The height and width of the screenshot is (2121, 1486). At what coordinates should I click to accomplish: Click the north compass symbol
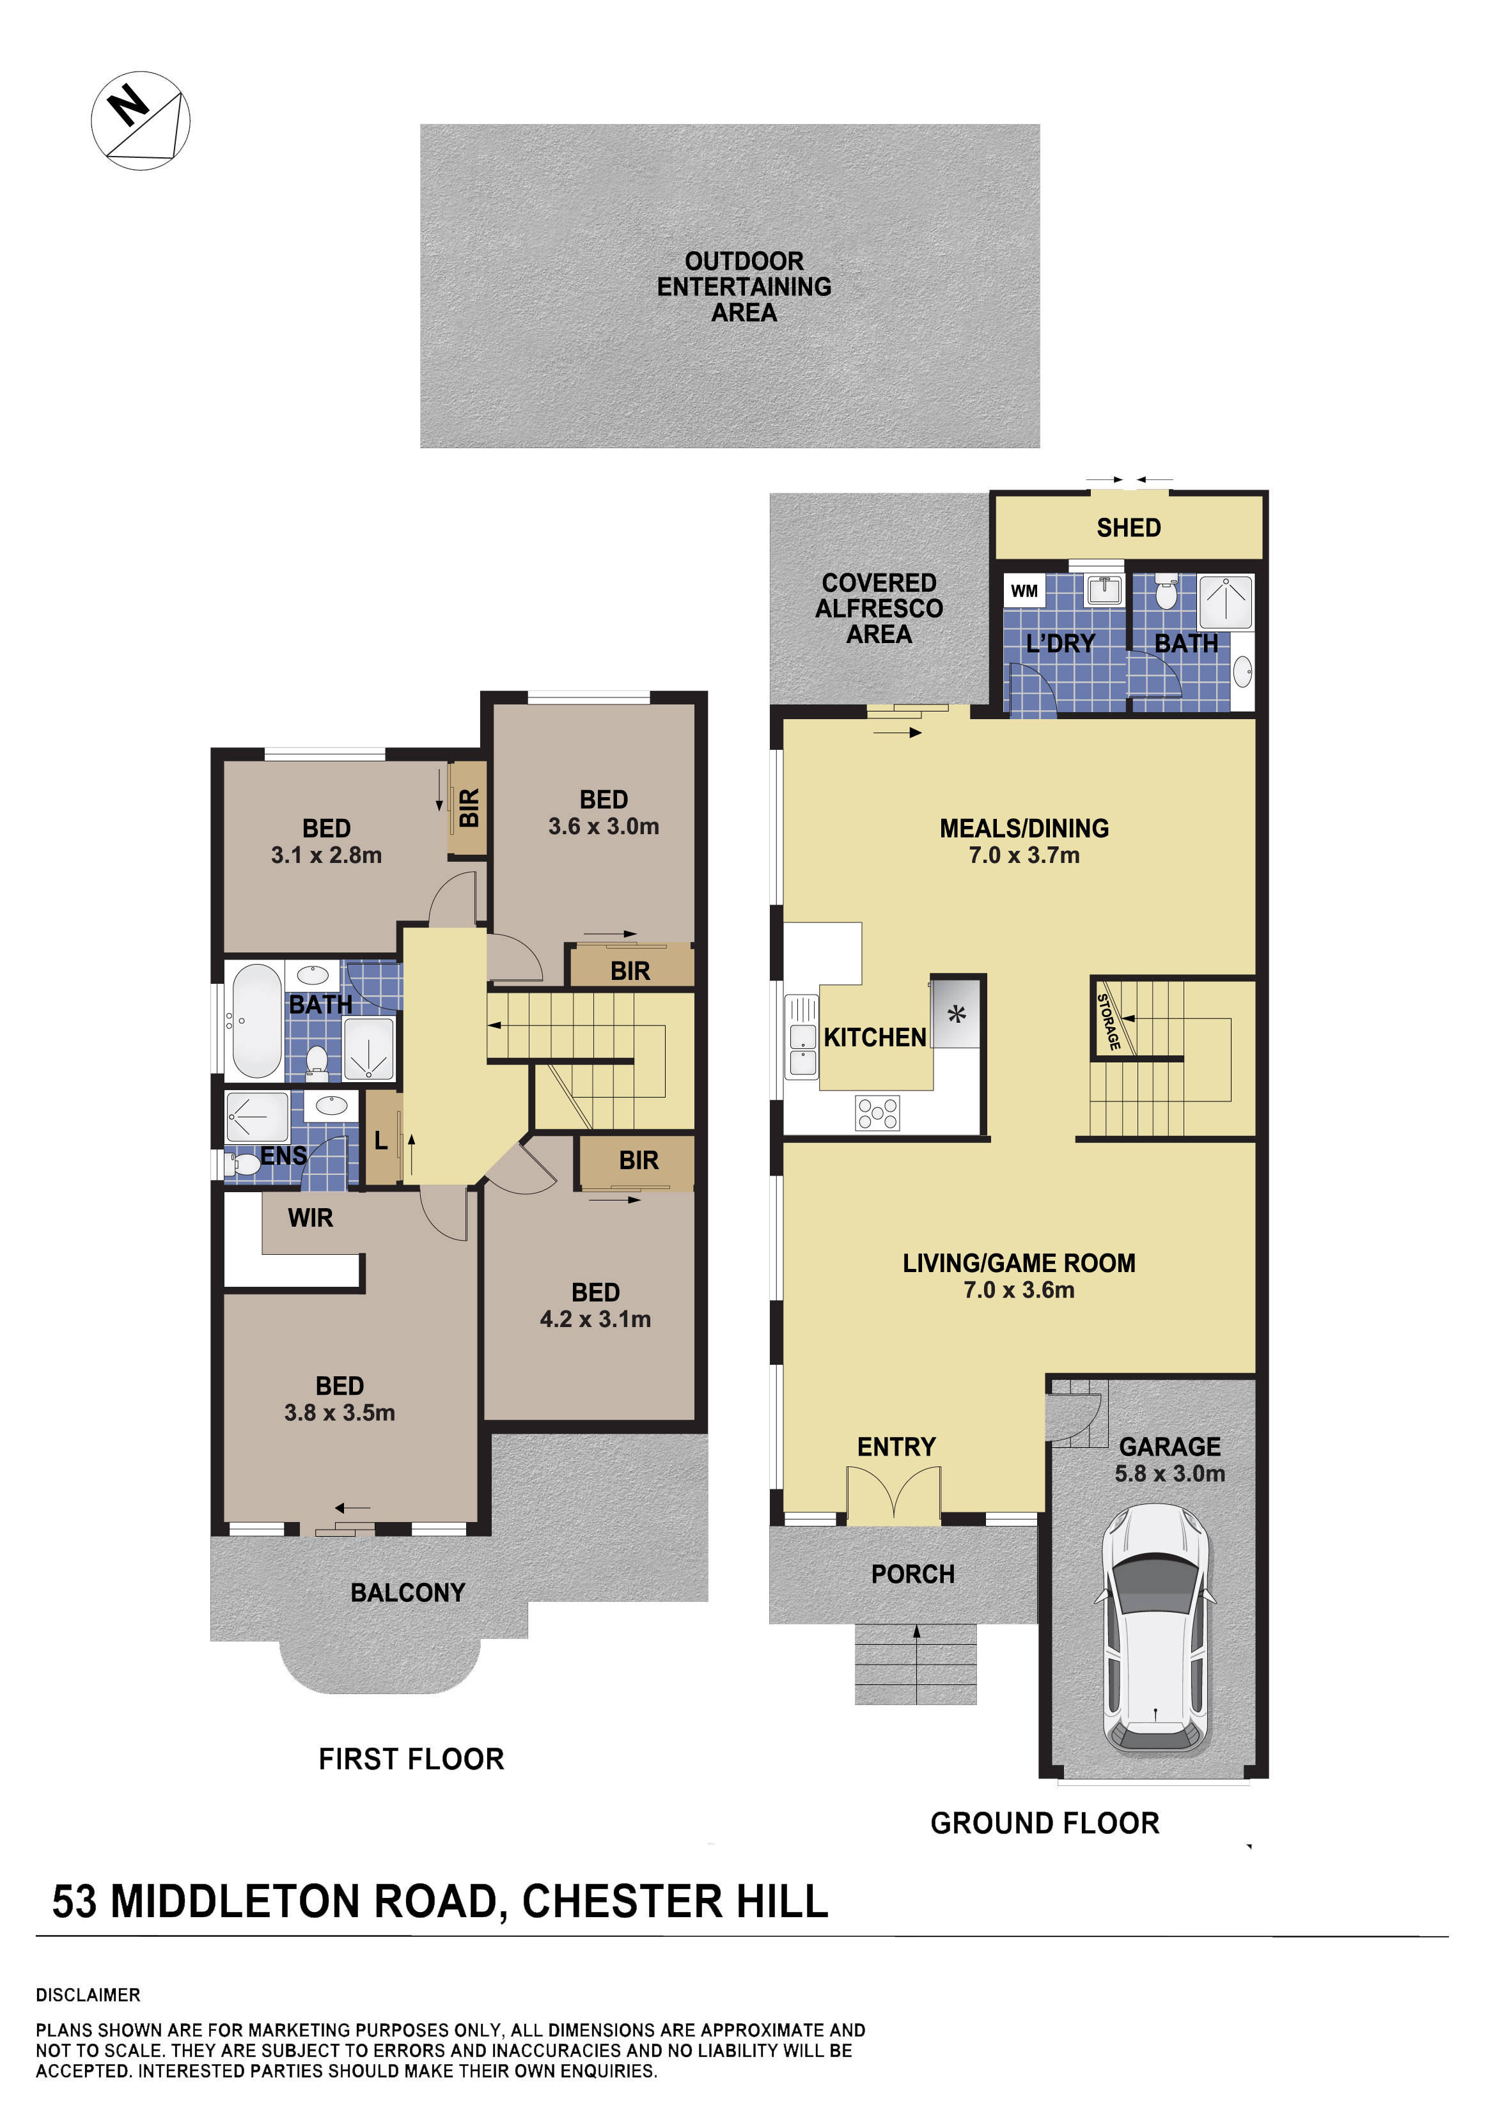click(141, 120)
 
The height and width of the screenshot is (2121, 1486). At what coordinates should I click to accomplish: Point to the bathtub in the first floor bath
click(255, 1021)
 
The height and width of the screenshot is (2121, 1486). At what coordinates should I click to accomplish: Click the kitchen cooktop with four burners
click(877, 1112)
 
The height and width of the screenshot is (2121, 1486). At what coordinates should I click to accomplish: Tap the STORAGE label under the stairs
click(1108, 1022)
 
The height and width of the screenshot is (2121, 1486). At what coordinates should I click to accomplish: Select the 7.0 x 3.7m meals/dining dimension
click(1023, 855)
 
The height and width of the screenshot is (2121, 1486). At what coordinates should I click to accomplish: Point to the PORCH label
click(912, 1574)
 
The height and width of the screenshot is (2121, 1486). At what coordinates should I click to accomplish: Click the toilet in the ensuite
click(244, 1162)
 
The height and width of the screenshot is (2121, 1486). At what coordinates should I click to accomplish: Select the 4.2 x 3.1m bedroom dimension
click(595, 1319)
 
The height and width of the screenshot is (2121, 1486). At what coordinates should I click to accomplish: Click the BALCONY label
click(407, 1592)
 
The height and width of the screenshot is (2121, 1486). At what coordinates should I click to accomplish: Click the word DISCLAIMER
click(88, 1995)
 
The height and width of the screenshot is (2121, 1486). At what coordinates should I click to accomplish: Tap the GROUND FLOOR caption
click(1044, 1822)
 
